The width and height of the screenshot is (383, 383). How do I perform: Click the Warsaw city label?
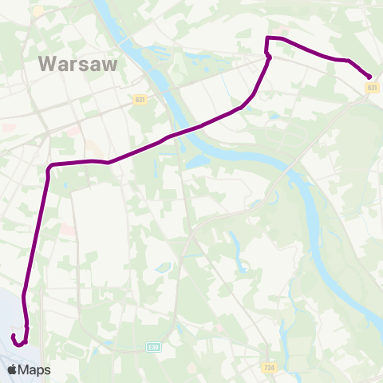point(78,63)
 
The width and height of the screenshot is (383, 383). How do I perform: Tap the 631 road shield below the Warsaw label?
point(140,99)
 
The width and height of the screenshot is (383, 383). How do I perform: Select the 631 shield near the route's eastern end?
point(373,88)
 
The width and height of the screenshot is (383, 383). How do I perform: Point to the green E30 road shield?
point(153,347)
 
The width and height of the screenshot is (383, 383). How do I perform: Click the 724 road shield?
point(270,367)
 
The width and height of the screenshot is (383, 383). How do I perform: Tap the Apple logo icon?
point(13,369)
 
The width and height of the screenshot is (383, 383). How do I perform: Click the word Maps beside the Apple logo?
point(35,370)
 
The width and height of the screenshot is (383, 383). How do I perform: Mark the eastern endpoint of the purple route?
point(370,77)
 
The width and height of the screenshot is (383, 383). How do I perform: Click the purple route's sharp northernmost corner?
point(267,38)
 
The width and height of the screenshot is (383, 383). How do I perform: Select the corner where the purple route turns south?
point(49,166)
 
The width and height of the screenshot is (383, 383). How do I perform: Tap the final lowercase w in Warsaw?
point(110,65)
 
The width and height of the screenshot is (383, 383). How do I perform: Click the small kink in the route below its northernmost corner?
point(269,57)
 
